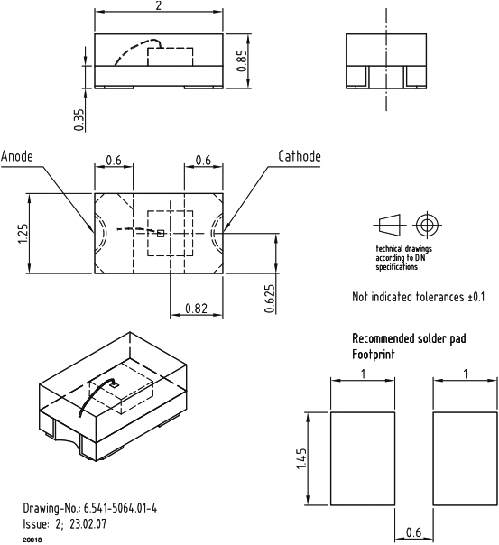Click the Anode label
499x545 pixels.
pos(18,156)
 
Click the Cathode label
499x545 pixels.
pos(299,156)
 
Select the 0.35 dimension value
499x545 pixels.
pos(80,119)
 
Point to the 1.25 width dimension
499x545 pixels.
pos(22,234)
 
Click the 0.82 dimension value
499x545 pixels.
pos(196,309)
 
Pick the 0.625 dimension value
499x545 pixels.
pos(270,298)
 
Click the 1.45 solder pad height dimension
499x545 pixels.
pos(302,461)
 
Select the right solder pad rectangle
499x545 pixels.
pos(462,459)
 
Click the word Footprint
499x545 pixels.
pos(373,355)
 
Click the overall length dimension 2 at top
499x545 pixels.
pos(159,6)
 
